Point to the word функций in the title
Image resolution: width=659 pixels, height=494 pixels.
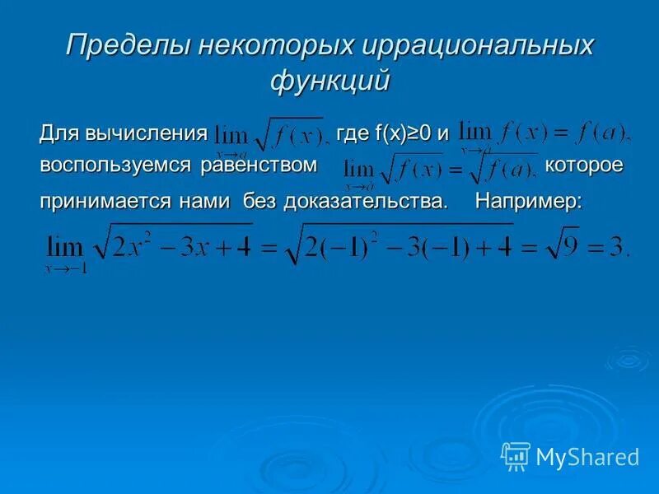pos(329,82)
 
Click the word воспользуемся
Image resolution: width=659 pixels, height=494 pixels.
pos(115,165)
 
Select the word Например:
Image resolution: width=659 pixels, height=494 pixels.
pos(528,203)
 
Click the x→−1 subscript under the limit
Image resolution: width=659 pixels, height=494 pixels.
pos(67,268)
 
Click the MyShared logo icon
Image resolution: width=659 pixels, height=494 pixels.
pos(516,455)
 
